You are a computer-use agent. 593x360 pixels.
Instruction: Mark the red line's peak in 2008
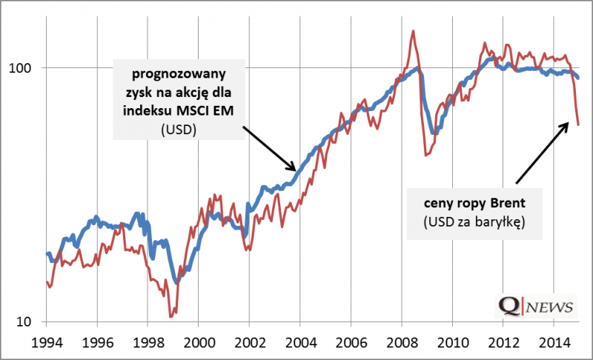pyautogui.click(x=412, y=31)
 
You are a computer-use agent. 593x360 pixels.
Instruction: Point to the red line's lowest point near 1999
pyautogui.click(x=170, y=316)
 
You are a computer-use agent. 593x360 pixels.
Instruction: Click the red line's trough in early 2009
pyautogui.click(x=425, y=155)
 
